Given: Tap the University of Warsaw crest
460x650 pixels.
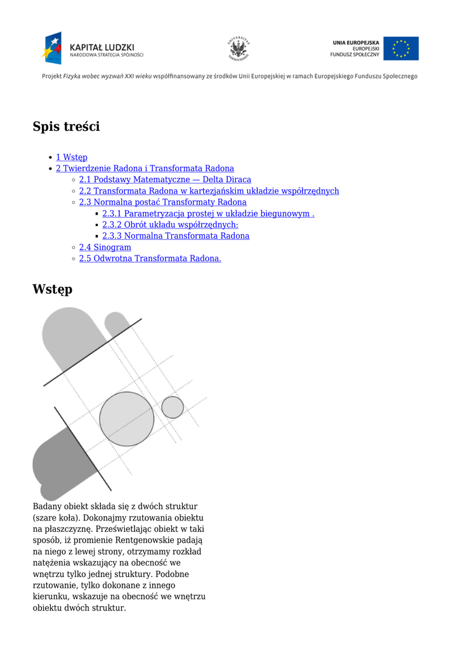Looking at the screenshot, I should (239, 49).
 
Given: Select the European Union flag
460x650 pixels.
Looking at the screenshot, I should (400, 49).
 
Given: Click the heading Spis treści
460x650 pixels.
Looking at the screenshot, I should (66, 127).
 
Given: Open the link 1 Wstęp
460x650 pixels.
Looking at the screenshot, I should (72, 157).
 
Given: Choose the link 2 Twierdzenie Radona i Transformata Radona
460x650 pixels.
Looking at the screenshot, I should (145, 168).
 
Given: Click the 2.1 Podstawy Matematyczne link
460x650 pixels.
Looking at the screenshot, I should (165, 180).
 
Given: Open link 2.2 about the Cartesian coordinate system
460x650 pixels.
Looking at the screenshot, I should (209, 191).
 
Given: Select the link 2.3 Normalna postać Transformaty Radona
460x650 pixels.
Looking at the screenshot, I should (162, 202).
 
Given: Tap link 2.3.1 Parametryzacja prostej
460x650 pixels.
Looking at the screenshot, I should (208, 213).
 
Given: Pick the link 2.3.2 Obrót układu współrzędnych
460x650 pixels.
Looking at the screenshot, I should (170, 225).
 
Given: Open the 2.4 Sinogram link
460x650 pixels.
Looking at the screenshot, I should (105, 248).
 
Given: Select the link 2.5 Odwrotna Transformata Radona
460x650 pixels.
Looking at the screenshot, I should (150, 259).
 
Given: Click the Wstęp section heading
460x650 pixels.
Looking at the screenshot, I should (52, 289).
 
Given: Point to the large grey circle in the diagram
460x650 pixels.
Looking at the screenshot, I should (127, 419).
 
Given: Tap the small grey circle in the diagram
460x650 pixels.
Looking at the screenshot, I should (172, 407).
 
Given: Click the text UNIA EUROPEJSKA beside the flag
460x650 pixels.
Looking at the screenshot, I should (356, 43).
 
